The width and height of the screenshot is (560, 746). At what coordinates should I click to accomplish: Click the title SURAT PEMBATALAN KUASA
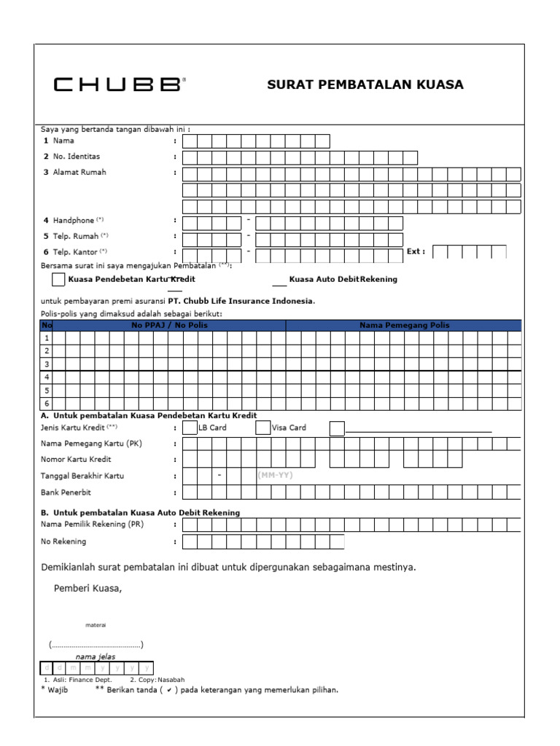(x=365, y=85)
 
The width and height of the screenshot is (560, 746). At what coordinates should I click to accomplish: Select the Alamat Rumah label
(x=79, y=173)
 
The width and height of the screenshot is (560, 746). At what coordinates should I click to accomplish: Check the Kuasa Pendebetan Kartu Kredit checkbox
(x=58, y=279)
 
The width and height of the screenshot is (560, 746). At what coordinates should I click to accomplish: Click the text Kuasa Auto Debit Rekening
(x=343, y=279)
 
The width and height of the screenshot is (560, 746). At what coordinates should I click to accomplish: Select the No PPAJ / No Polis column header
(x=169, y=326)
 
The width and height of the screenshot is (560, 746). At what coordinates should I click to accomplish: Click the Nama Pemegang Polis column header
(x=405, y=326)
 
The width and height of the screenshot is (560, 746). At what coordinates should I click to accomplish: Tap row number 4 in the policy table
(x=47, y=377)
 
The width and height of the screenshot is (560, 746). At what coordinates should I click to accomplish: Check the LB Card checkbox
(x=190, y=428)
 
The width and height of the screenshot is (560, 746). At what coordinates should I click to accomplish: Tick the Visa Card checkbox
(x=262, y=428)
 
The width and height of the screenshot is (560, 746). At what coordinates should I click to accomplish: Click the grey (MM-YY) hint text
(x=276, y=475)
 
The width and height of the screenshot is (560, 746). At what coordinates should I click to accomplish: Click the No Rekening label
(x=63, y=541)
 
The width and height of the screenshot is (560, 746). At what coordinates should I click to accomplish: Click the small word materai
(x=96, y=625)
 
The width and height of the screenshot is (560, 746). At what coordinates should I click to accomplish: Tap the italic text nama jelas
(x=95, y=656)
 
